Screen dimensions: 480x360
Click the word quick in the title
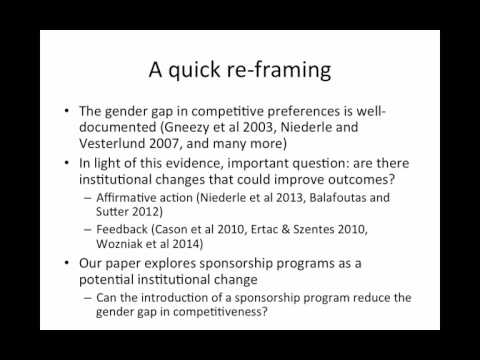click(x=194, y=71)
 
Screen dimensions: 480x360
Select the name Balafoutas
click(x=338, y=198)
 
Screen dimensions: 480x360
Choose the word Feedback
click(x=122, y=229)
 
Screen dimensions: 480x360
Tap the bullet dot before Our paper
click(x=67, y=263)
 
